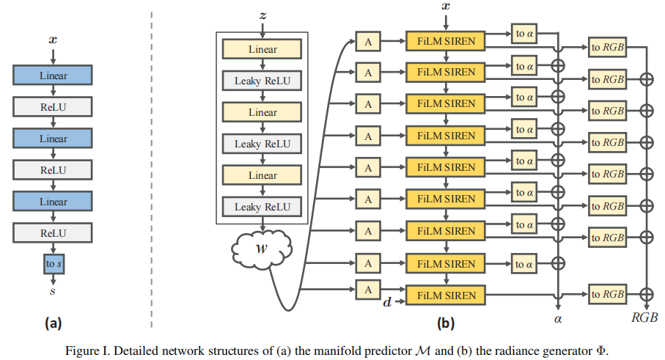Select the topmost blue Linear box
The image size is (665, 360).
pos(52,76)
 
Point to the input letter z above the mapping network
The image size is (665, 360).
pos(262,15)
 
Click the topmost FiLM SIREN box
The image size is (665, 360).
pos(446,41)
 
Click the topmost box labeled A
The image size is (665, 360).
pos(367,41)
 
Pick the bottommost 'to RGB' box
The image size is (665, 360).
pos(607,295)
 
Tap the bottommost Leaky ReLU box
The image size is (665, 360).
pos(262,207)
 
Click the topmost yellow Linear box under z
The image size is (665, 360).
pos(262,49)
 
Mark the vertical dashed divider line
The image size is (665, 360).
pos(151,169)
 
